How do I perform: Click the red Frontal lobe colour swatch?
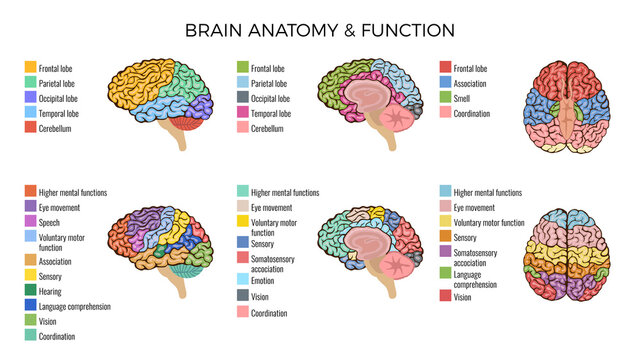coord(445,69)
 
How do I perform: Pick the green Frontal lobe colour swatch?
coord(243,68)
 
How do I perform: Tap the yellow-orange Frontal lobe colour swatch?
coord(31,69)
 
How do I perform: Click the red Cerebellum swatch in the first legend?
coord(31,129)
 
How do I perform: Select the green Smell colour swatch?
coord(445,99)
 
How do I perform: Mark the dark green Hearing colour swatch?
coord(31,289)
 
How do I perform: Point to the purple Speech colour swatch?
coord(31,223)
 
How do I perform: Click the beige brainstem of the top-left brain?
coord(182,140)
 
